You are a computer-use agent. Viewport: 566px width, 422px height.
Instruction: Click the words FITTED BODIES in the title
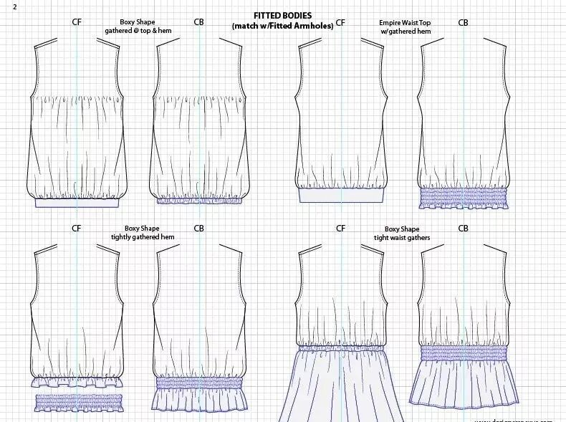pyautogui.click(x=282, y=16)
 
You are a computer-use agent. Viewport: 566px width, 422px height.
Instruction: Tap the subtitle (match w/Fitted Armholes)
pyautogui.click(x=282, y=27)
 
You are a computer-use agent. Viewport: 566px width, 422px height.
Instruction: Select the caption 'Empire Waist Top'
pyautogui.click(x=405, y=23)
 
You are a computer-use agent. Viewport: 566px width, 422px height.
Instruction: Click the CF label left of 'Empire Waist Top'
pyautogui.click(x=340, y=23)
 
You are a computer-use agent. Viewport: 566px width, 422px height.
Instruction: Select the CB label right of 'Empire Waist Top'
pyautogui.click(x=463, y=23)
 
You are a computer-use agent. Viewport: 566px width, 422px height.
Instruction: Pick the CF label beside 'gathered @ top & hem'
pyautogui.click(x=77, y=22)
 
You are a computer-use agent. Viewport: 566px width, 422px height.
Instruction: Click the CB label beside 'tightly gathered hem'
pyautogui.click(x=198, y=229)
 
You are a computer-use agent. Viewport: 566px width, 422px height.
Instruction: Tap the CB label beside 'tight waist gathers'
pyautogui.click(x=463, y=229)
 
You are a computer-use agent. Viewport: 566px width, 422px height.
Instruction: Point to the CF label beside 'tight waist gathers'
pyautogui.click(x=340, y=229)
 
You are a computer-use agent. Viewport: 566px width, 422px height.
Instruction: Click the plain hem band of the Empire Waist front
pyautogui.click(x=341, y=195)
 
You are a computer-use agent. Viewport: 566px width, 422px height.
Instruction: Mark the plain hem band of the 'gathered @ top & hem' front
pyautogui.click(x=77, y=203)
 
